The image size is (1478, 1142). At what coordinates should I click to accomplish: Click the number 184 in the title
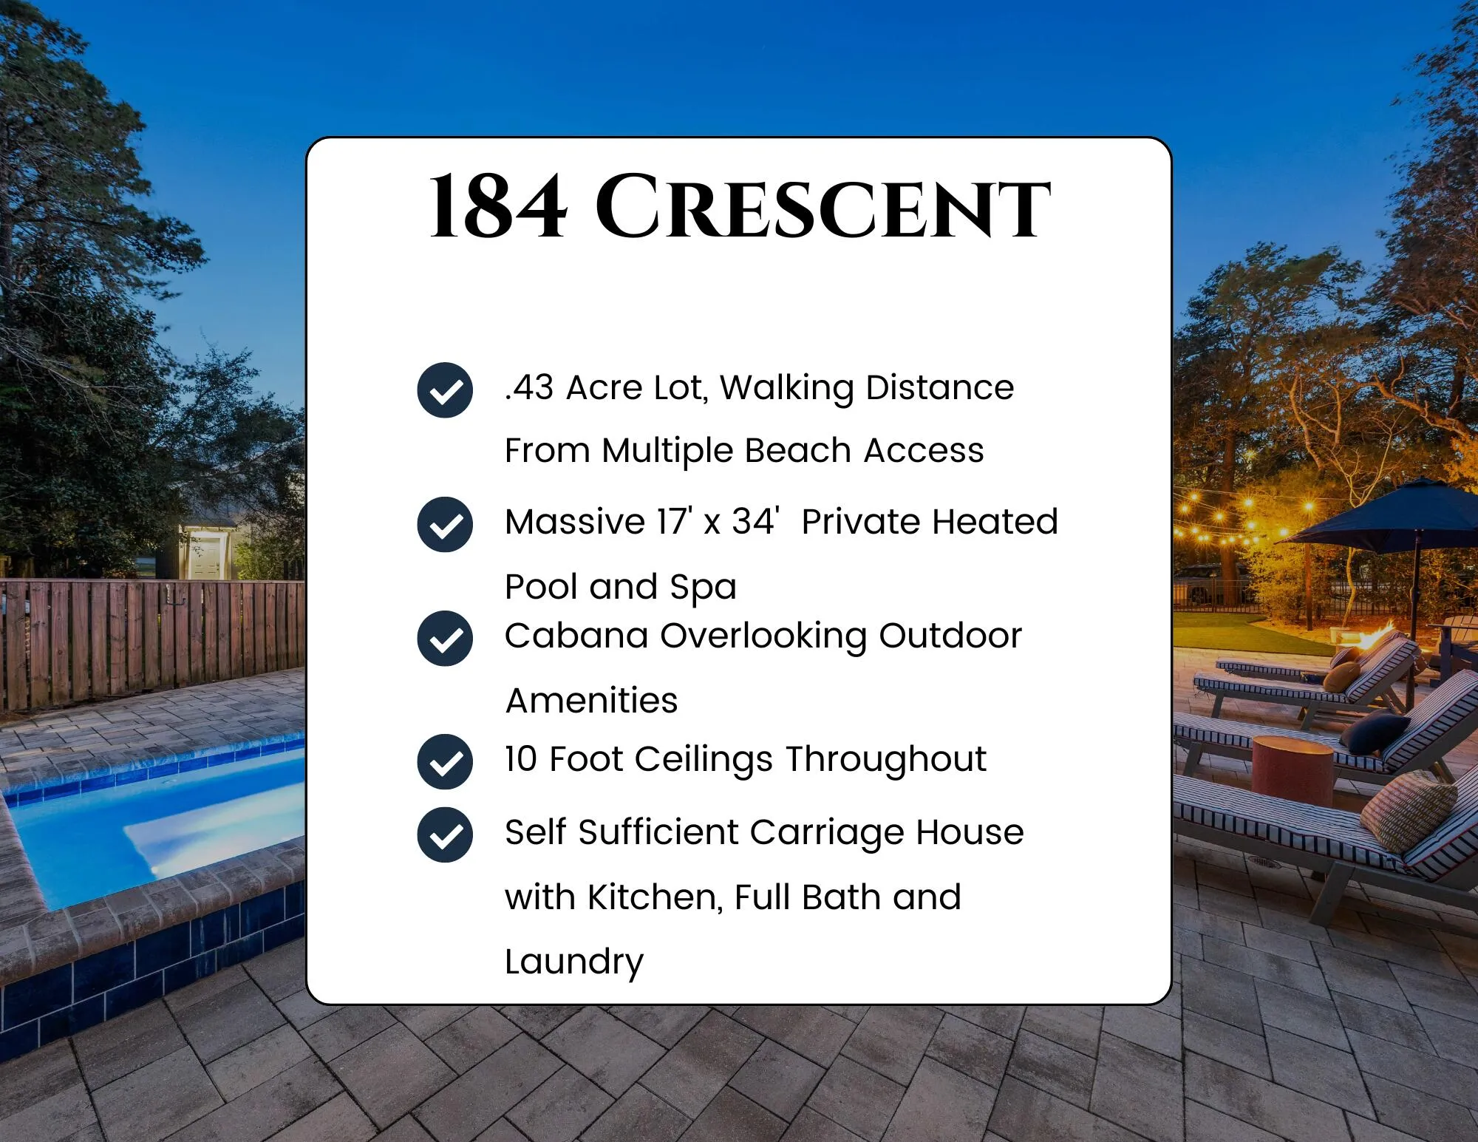coord(498,208)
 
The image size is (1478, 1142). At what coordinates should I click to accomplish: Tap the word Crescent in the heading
coord(823,208)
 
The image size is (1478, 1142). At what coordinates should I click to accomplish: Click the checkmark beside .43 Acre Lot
coord(445,390)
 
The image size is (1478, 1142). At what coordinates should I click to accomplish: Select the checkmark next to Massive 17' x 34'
coord(445,525)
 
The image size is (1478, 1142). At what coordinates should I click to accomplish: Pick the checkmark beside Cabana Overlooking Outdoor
coord(445,639)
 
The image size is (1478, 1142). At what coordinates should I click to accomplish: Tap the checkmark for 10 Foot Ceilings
coord(445,761)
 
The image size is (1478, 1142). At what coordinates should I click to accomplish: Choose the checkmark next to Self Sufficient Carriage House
coord(445,835)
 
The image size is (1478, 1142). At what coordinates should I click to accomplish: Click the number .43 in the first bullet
coord(529,387)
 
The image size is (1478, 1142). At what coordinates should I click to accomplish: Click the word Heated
coord(995,522)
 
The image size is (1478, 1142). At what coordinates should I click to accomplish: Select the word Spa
coord(703,588)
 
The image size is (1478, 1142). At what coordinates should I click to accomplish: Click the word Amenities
coord(591,700)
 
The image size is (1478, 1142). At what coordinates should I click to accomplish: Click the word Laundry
coord(574,962)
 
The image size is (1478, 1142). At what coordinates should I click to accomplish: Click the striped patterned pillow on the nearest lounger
coord(1408,809)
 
